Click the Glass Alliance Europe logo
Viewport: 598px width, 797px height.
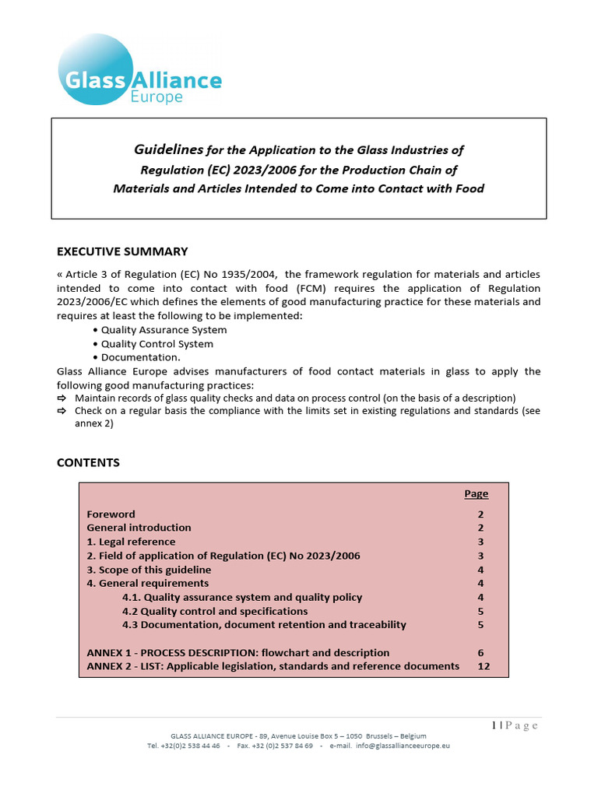(x=139, y=70)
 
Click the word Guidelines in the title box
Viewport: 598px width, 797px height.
(x=169, y=149)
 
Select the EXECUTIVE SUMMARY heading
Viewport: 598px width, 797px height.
(x=122, y=251)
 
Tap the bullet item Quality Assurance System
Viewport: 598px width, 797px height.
(x=164, y=330)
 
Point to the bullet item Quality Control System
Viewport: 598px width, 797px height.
(x=157, y=344)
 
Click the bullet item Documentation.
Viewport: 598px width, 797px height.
(x=140, y=357)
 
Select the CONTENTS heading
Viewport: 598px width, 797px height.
(x=88, y=462)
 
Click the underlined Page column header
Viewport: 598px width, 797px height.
(x=476, y=493)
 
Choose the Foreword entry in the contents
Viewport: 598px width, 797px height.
(x=111, y=514)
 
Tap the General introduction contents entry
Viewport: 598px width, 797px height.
(x=139, y=528)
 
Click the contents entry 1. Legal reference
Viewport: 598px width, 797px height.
(x=131, y=542)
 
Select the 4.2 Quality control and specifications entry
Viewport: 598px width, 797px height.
(x=215, y=611)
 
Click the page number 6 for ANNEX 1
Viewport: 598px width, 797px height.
(x=480, y=653)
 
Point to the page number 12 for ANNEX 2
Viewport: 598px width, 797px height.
(x=483, y=666)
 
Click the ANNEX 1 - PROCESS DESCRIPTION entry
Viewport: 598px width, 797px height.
(x=237, y=653)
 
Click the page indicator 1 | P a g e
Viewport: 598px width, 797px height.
(x=515, y=725)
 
